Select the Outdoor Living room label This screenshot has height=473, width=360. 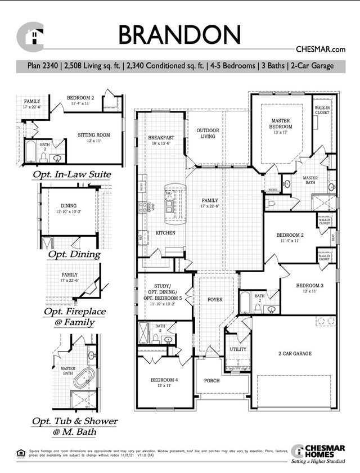(x=208, y=133)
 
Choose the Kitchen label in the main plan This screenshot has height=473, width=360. (x=165, y=232)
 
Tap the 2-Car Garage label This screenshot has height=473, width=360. (x=294, y=354)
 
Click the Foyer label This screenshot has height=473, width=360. (x=215, y=300)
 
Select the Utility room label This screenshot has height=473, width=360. (x=238, y=349)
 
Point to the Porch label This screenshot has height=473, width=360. (x=211, y=381)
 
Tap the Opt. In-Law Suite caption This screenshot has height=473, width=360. (x=71, y=174)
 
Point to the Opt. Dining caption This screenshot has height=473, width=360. (x=74, y=254)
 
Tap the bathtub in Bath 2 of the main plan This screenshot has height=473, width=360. (x=246, y=303)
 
